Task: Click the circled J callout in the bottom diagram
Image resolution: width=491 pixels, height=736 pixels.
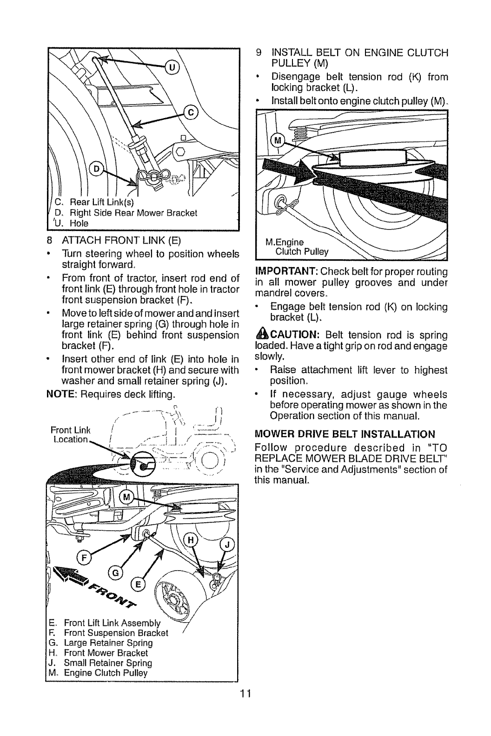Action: (229, 545)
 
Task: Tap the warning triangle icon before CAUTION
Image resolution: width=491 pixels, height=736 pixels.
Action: (261, 335)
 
